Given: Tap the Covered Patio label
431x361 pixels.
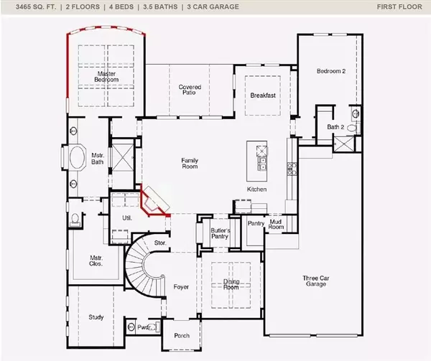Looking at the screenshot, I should click(x=190, y=90).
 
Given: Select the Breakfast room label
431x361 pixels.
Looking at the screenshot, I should click(x=264, y=95).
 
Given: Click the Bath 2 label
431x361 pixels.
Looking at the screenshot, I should click(x=336, y=127).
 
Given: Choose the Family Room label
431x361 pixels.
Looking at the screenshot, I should click(x=189, y=164).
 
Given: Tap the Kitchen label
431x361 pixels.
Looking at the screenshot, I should click(x=257, y=189).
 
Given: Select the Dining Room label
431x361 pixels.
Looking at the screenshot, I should click(x=231, y=285).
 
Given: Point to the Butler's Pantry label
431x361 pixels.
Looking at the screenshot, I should click(x=220, y=234).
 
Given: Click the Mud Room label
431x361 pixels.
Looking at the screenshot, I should click(x=277, y=225).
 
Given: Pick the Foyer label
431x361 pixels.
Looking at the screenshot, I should click(x=181, y=287).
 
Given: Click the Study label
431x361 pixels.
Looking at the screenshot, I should click(x=96, y=317).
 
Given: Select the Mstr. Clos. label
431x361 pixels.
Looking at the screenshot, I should click(x=96, y=261).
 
